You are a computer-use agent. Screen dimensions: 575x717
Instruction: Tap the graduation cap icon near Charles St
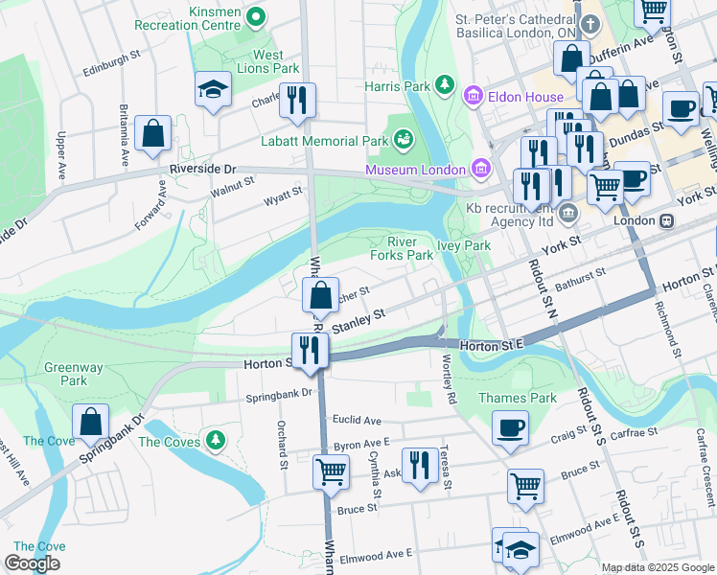point(212,90)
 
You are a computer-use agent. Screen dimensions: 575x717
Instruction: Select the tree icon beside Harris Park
point(445,86)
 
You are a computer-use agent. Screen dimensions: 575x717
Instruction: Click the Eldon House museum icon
point(471,96)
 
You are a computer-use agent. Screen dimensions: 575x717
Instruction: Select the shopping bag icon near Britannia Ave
point(153,134)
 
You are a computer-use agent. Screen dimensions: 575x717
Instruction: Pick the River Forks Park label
point(402,248)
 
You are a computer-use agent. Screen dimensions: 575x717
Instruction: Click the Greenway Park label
point(66,374)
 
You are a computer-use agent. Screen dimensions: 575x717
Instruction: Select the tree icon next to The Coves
point(218,440)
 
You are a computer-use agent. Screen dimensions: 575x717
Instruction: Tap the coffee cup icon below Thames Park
point(510,426)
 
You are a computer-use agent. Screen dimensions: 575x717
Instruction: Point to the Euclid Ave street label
point(357,420)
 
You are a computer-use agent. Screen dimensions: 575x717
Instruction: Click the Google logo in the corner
point(32,563)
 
